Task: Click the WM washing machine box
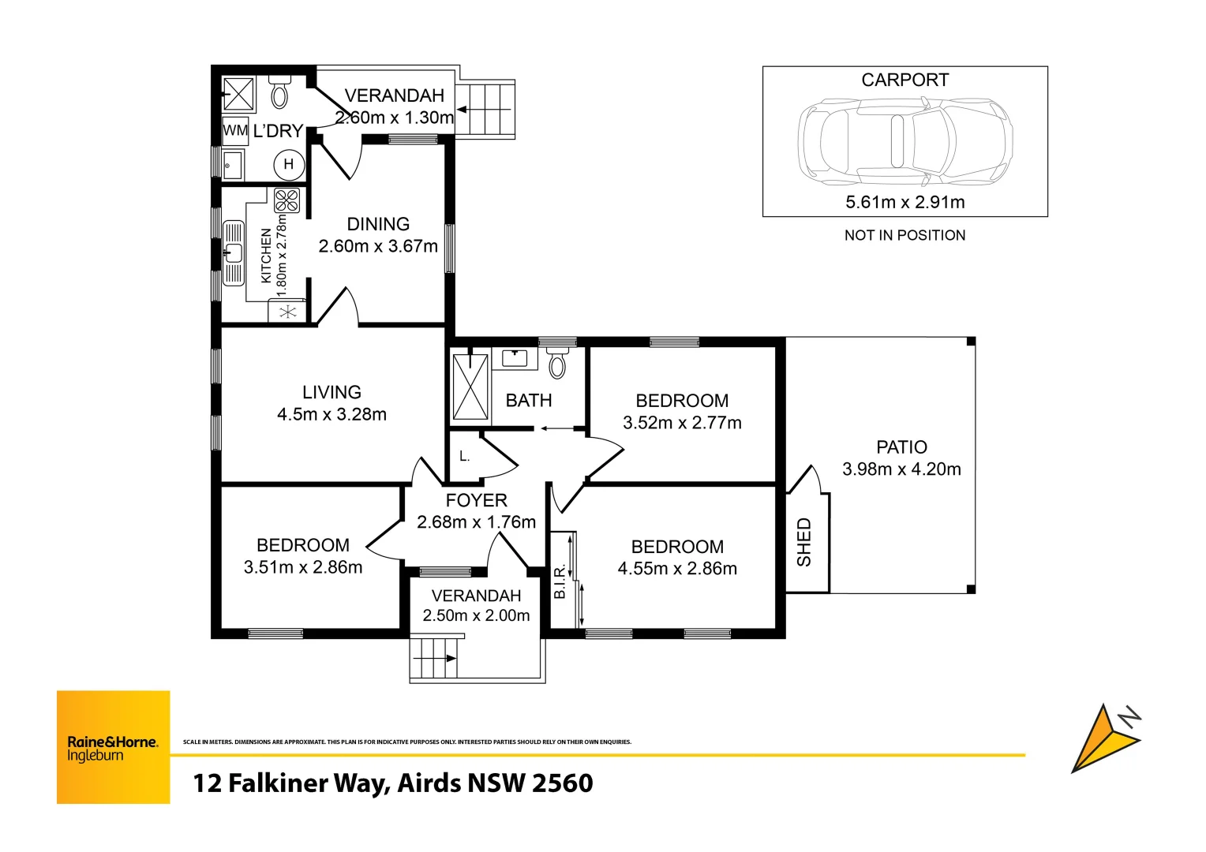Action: point(235,131)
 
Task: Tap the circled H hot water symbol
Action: point(288,165)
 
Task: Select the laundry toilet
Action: point(279,93)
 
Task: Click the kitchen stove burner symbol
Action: point(287,200)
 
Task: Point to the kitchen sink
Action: point(234,252)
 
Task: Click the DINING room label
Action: point(378,224)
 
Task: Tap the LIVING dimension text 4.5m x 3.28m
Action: point(331,414)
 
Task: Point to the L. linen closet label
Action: point(465,456)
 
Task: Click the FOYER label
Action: point(476,500)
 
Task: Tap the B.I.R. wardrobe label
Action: point(560,582)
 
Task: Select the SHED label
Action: point(804,542)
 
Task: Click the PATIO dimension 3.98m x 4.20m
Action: point(901,469)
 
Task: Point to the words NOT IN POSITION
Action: point(904,235)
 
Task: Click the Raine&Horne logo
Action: point(113,747)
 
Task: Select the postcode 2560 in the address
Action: point(562,783)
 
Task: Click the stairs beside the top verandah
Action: point(485,110)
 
